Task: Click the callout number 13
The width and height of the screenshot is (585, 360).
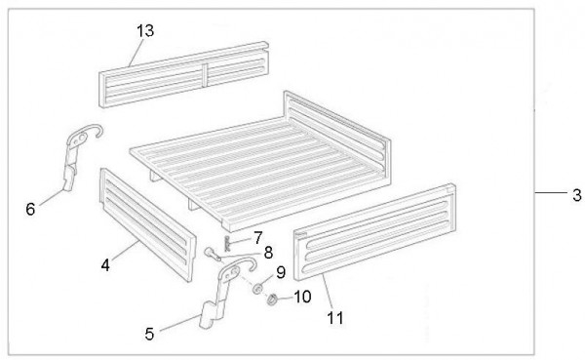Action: pos(145,30)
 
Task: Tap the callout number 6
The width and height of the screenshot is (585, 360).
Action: pos(30,209)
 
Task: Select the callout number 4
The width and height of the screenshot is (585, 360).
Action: pos(105,265)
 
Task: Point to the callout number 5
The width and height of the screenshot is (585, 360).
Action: pos(149,334)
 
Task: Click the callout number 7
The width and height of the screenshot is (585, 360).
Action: pos(257,238)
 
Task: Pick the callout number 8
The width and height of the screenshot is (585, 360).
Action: pos(268,253)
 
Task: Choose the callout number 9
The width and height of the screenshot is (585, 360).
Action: pos(281,272)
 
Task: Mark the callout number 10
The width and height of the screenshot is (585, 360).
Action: pos(302,297)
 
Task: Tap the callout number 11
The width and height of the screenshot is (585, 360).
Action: pos(335,318)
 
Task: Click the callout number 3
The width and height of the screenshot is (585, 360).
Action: pos(577,195)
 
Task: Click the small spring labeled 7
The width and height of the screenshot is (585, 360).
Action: pos(227,244)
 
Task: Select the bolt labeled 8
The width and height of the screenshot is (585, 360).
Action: pos(213,254)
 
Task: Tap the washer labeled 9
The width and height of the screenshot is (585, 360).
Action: pos(257,289)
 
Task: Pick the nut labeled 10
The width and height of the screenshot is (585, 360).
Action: pos(272,299)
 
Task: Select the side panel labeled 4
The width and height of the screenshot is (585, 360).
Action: pos(148,224)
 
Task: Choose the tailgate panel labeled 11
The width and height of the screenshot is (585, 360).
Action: pos(374,231)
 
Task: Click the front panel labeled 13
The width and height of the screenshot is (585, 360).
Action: pos(183,75)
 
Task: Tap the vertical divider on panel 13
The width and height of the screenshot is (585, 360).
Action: pos(205,75)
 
